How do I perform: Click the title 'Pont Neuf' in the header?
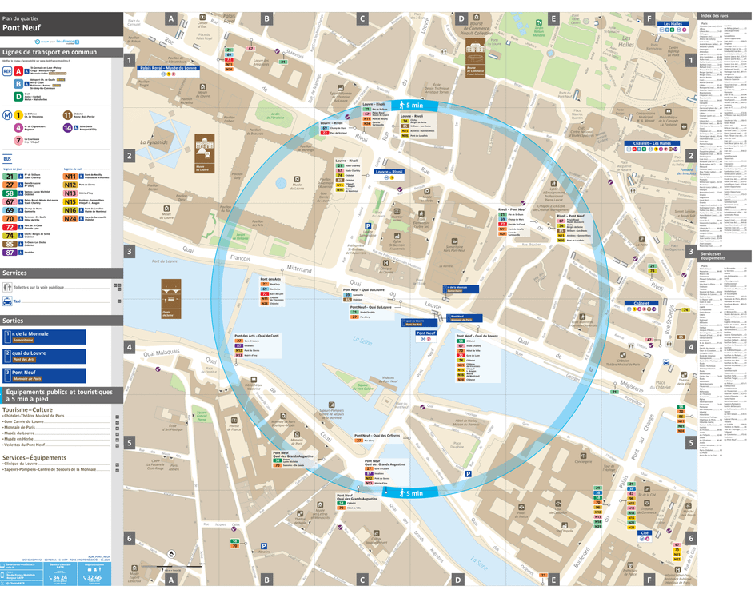pos(22,27)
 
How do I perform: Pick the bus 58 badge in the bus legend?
pos(9,193)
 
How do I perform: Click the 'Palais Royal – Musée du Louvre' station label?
pos(168,69)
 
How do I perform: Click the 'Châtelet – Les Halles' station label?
pos(653,144)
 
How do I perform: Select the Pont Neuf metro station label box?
pos(426,333)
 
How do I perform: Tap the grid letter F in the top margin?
pos(649,18)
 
